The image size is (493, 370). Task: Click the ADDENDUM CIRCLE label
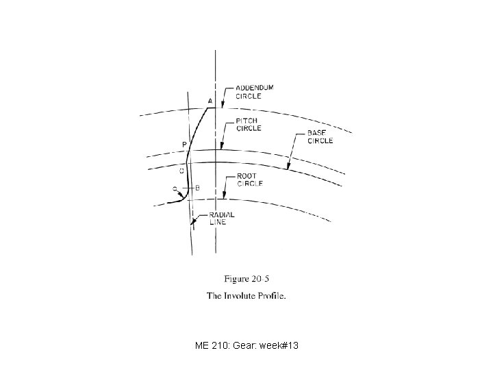[x=255, y=92]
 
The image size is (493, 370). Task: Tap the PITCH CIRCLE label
[x=249, y=125]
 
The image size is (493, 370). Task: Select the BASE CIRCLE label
[x=320, y=137]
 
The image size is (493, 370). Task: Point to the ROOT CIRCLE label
[x=250, y=180]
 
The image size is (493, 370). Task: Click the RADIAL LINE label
[x=222, y=219]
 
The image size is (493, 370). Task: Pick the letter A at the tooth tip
[x=210, y=101]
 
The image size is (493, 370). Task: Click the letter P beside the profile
[x=184, y=145]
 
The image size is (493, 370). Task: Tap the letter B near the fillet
[x=197, y=188]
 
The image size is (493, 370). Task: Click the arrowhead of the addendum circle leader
[x=223, y=106]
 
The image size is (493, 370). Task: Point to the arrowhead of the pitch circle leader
[x=222, y=147]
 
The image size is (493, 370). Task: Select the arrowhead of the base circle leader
[x=288, y=166]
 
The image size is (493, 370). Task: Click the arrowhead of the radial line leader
[x=192, y=222]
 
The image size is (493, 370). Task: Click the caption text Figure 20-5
[x=246, y=279]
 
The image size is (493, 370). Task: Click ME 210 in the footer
[x=212, y=345]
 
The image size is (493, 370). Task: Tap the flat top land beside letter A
[x=211, y=108]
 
